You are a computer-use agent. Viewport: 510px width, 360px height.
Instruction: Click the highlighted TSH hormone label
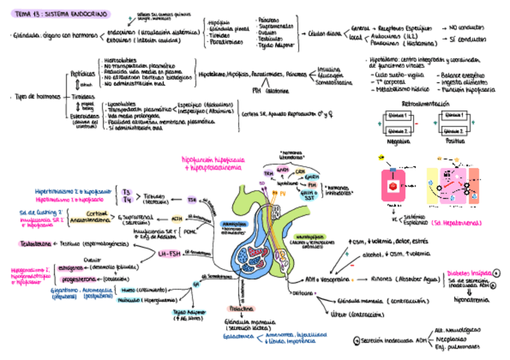pos(192,200)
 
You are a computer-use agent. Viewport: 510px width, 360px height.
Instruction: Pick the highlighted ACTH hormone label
pos(177,219)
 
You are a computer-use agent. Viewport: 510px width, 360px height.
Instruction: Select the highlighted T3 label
pos(127,192)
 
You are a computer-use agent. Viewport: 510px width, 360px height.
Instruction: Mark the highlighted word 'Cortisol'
pos(96,213)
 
